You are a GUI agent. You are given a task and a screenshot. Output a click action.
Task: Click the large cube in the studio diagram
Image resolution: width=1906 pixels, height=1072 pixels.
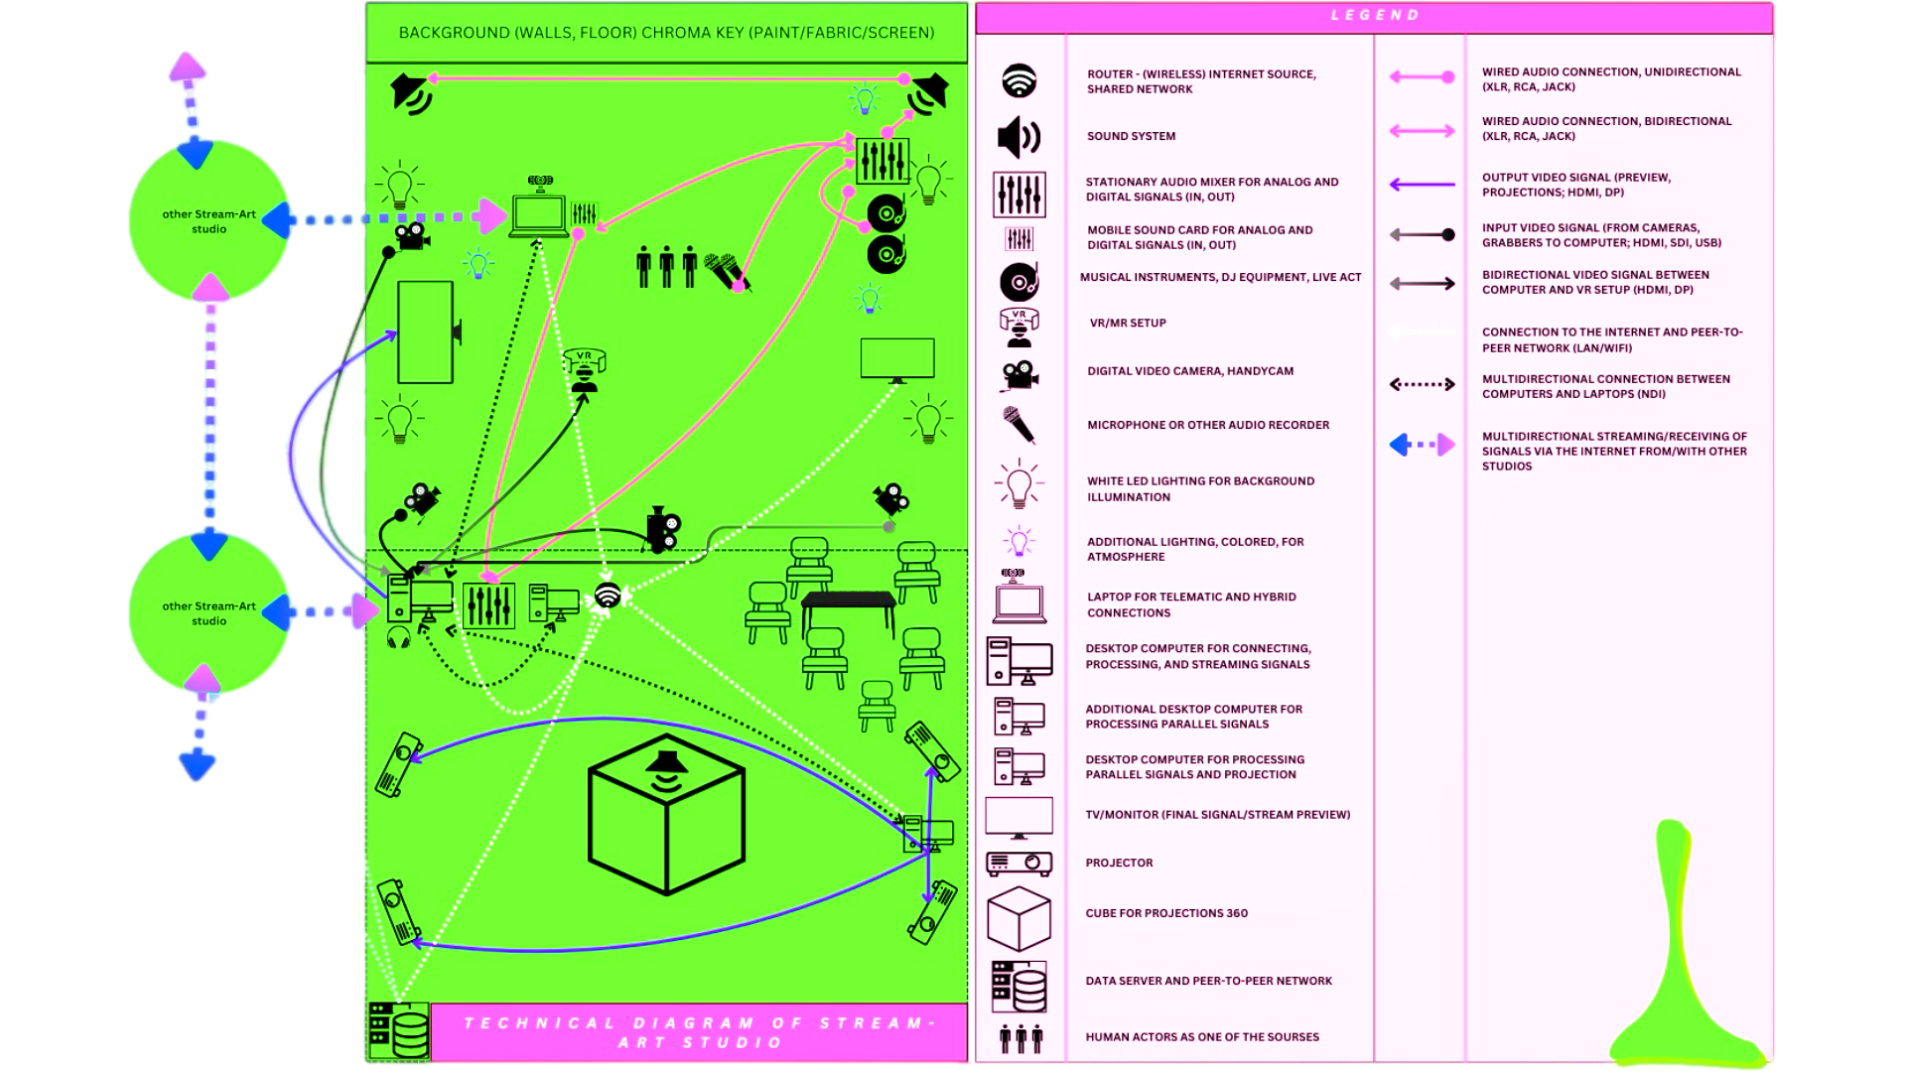666,814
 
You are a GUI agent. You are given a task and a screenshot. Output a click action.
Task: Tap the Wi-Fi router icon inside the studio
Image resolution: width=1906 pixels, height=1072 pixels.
608,596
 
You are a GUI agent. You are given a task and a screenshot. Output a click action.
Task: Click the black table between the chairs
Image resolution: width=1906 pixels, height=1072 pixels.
849,607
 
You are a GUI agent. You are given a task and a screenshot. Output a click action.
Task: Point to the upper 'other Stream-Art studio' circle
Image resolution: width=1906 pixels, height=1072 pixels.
208,220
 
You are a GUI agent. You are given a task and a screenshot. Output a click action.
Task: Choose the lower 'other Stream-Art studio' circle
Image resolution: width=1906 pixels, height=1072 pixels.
208,612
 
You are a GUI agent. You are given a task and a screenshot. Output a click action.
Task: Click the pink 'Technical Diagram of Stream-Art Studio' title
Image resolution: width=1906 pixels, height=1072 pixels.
700,1032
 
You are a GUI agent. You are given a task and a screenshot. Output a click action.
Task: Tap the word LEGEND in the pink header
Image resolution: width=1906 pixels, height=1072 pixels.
1376,16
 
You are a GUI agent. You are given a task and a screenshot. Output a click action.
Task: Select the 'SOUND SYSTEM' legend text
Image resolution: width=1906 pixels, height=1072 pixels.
1131,137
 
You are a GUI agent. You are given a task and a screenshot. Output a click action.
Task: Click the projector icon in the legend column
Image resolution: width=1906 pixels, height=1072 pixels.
1019,864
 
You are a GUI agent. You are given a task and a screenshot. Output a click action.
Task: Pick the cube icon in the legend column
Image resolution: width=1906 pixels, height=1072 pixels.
1019,918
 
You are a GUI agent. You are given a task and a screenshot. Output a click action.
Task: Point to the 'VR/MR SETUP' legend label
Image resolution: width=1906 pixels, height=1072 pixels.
1128,324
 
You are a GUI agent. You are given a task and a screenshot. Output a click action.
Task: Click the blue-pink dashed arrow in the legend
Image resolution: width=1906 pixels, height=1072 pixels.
1422,445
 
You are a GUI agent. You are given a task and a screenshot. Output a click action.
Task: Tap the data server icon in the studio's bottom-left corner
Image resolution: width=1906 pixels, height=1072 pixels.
398,1030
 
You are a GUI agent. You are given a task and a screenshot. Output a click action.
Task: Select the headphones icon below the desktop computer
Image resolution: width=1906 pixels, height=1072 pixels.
399,637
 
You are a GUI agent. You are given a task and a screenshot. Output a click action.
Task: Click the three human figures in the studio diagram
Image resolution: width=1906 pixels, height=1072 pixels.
666,266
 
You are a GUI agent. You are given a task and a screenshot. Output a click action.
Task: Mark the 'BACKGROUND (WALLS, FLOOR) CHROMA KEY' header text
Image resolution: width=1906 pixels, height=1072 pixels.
666,33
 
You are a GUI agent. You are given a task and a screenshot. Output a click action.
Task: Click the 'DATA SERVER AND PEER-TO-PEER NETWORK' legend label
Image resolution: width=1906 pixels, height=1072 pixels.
1208,982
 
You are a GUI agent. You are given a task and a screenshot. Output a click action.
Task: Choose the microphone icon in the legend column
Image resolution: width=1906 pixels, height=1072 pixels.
1018,426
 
